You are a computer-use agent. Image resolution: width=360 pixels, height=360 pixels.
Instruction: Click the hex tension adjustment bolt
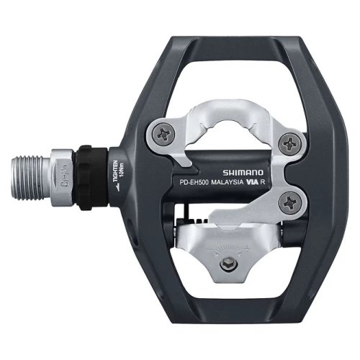(x=228, y=264)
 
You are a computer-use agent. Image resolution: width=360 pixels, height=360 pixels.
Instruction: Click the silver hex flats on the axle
(x=63, y=177)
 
